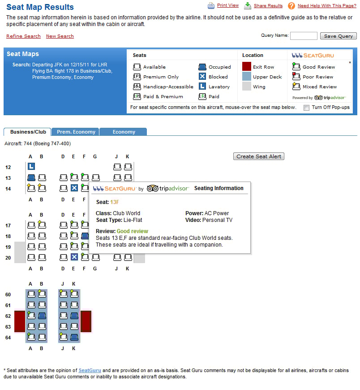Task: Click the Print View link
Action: click(x=227, y=5)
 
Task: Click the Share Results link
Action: click(x=268, y=6)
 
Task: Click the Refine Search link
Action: click(x=23, y=36)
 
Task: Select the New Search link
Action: click(x=60, y=36)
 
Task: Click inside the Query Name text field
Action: click(x=303, y=36)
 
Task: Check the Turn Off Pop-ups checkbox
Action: click(x=306, y=108)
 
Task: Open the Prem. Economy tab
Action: click(x=76, y=132)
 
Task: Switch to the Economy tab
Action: click(x=124, y=132)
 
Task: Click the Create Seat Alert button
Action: click(x=259, y=156)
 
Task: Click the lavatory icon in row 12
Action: click(x=31, y=167)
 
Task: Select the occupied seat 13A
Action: click(x=31, y=178)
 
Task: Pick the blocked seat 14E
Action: click(x=74, y=188)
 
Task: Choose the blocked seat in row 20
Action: click(x=74, y=257)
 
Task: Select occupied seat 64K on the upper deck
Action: click(x=74, y=337)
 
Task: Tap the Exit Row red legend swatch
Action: click(x=247, y=67)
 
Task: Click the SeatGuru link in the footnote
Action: click(x=90, y=370)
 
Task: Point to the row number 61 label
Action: click(x=8, y=305)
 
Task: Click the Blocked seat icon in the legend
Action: click(x=202, y=77)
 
